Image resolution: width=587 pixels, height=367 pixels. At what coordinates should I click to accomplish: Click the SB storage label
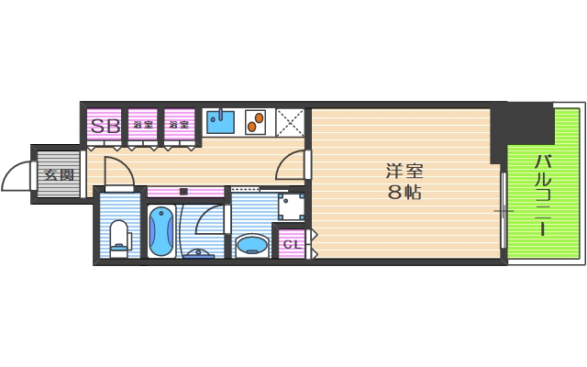point(104,126)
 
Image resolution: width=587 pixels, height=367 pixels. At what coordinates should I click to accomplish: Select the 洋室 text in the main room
point(404,171)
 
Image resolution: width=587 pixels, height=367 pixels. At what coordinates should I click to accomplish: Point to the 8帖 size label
point(404,193)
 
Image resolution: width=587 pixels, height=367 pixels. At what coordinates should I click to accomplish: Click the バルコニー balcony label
point(542,195)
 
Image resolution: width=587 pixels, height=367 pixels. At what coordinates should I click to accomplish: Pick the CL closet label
point(291,244)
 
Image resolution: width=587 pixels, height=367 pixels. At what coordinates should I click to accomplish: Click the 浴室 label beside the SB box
point(142,125)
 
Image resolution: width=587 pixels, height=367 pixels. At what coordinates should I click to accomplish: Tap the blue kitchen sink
point(220,122)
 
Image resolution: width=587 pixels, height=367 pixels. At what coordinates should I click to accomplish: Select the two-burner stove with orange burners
point(256,122)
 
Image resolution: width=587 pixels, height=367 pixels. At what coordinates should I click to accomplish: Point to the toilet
point(118,237)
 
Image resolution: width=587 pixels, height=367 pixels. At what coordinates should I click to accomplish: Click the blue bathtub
point(161,230)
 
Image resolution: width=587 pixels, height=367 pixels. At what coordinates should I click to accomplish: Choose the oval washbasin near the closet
point(250,244)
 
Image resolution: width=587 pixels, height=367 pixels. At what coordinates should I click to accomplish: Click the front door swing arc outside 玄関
point(17,175)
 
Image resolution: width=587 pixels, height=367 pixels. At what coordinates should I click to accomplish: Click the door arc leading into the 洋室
point(292,163)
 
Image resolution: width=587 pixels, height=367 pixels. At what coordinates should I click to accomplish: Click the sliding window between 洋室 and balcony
point(503,211)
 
